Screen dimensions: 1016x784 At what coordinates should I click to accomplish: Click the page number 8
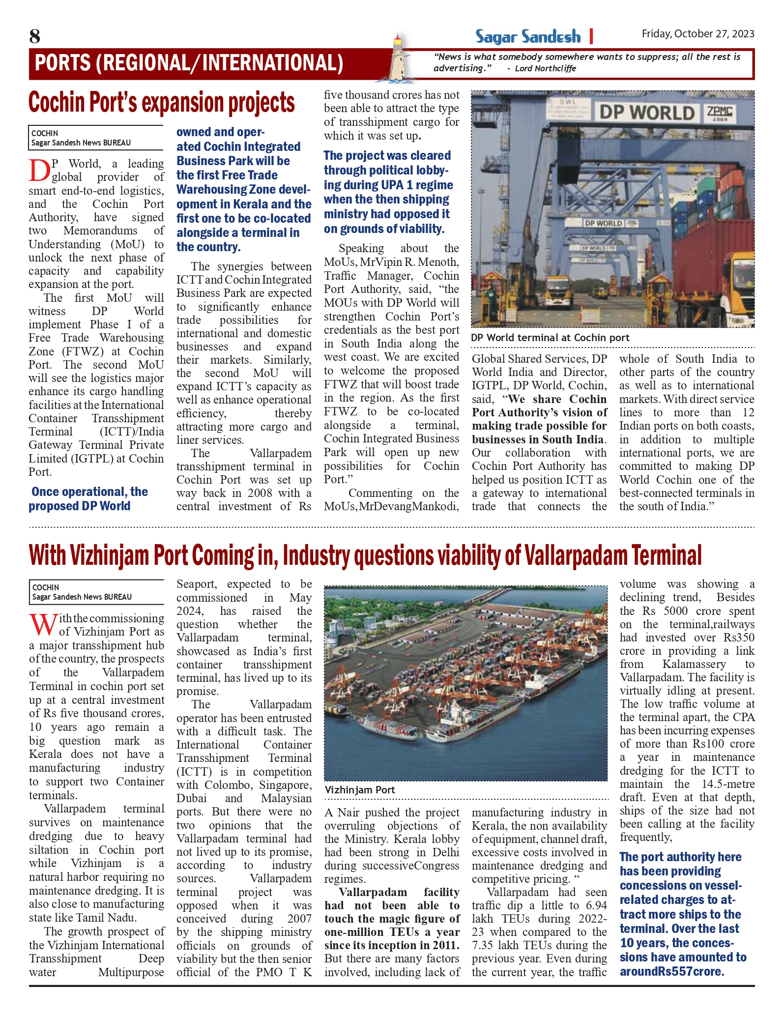(34, 36)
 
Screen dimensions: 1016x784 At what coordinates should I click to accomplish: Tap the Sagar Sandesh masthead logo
(527, 36)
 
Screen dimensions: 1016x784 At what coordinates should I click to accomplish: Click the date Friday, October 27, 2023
(697, 33)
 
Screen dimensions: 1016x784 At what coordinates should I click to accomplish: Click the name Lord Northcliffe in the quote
(545, 68)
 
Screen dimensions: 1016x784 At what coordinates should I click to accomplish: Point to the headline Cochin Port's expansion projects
(162, 103)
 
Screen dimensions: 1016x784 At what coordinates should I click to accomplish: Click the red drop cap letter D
(39, 171)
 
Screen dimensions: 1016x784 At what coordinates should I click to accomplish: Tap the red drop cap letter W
(42, 626)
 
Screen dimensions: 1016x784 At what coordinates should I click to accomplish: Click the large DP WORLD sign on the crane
(646, 113)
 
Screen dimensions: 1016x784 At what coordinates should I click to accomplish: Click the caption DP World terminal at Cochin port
(550, 338)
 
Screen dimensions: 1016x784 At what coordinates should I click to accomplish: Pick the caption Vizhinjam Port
(360, 790)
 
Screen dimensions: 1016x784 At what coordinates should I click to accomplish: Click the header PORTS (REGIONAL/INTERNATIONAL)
(189, 63)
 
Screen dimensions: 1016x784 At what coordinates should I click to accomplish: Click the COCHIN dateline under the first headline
(45, 133)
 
